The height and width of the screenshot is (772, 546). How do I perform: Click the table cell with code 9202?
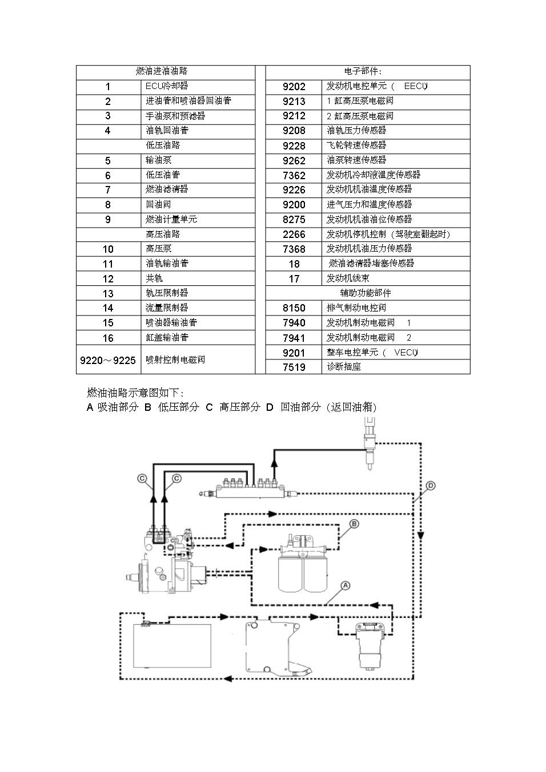pos(294,87)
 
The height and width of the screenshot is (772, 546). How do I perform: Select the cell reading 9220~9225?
pos(108,360)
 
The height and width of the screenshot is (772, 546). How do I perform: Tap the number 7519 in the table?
pos(294,367)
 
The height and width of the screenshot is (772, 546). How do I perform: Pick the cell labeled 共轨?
pos(198,278)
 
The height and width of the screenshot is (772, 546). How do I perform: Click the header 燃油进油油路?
pos(162,71)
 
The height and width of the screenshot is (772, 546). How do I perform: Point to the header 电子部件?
pos(363,71)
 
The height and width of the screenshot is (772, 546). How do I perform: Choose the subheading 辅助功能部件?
pos(366,293)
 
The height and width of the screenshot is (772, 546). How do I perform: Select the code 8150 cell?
pos(294,308)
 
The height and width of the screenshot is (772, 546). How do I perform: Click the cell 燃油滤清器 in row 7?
pos(198,190)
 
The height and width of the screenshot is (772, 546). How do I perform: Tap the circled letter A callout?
pos(346,585)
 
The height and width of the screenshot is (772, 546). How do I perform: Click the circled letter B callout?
pos(354,524)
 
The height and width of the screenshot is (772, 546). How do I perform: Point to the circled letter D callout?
pos(431,486)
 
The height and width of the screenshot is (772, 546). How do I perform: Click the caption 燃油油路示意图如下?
pos(135,393)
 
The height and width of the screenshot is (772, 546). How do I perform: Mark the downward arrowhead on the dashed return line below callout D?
pos(421,535)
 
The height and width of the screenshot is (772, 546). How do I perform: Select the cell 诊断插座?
pos(396,367)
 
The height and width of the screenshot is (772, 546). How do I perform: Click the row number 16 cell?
pos(108,338)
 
